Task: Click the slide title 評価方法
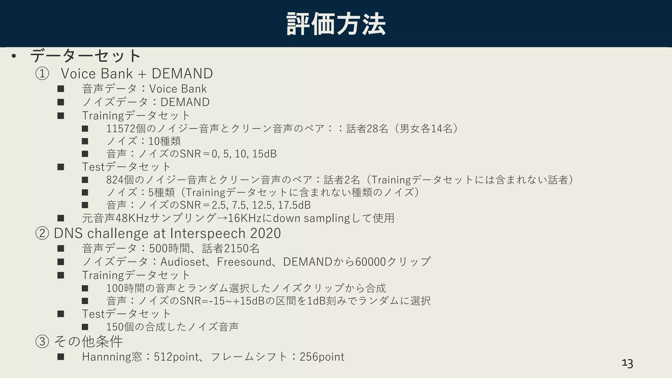coord(336,24)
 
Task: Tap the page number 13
coord(627,363)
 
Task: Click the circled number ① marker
coord(42,74)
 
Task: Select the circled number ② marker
coord(42,234)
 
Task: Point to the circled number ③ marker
coord(42,342)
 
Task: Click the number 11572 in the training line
coord(121,128)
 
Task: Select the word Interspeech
coord(208,233)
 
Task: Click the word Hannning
coord(107,357)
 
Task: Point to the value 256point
coord(322,357)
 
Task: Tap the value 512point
coord(176,357)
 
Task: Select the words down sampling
coord(311,218)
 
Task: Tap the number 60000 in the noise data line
coord(370,262)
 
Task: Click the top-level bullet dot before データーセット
coord(13,56)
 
